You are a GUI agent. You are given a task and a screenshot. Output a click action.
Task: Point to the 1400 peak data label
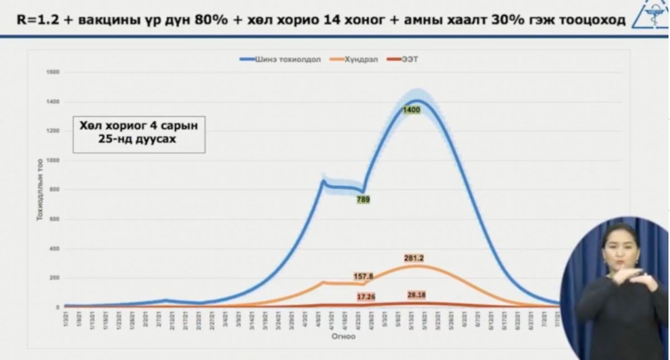(x=411, y=111)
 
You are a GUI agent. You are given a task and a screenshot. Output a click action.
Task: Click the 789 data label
(x=363, y=199)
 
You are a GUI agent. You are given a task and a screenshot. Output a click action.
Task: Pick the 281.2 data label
(x=414, y=258)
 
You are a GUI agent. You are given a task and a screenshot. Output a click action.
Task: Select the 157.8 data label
(x=363, y=276)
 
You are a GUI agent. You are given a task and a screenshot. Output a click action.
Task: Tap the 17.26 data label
(x=367, y=297)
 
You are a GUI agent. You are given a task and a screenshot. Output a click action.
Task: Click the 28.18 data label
(x=414, y=294)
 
